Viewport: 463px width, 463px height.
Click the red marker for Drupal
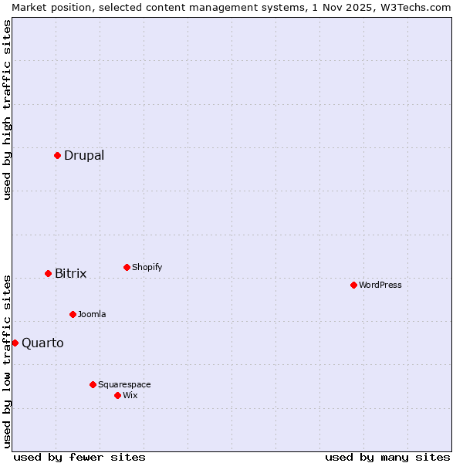point(57,155)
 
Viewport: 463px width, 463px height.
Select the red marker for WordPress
point(353,285)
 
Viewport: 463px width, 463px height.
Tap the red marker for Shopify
point(127,267)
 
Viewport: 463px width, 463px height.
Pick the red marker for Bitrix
point(48,273)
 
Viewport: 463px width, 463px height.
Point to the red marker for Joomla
point(73,314)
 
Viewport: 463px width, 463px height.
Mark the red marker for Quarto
point(15,343)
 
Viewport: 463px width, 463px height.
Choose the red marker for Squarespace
point(93,384)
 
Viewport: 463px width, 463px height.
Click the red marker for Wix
point(117,395)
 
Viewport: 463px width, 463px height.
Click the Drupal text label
point(84,155)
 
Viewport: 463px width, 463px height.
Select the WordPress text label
point(380,285)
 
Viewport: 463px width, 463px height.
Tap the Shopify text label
point(147,267)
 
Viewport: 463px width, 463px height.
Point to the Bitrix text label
point(71,273)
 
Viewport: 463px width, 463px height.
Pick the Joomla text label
point(92,314)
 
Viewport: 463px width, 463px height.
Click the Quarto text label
point(42,343)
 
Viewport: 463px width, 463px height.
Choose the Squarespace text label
point(124,384)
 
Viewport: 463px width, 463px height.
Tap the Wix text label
point(130,395)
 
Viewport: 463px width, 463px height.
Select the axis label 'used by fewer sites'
point(79,457)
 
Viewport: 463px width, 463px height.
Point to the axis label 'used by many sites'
point(387,457)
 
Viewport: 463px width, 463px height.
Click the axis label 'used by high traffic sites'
point(7,110)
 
